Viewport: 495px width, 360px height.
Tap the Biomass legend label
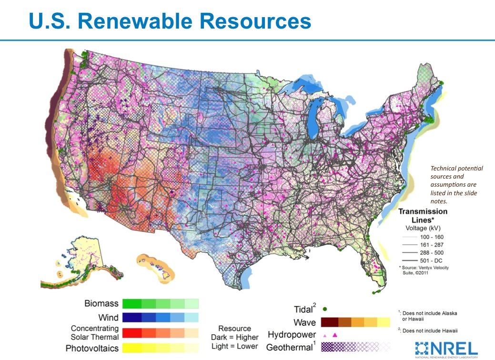(x=101, y=303)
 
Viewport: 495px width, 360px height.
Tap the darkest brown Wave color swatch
(x=330, y=323)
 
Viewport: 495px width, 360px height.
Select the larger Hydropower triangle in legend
(x=334, y=335)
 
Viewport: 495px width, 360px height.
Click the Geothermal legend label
(x=289, y=347)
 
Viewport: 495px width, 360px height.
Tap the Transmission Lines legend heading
(x=423, y=215)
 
